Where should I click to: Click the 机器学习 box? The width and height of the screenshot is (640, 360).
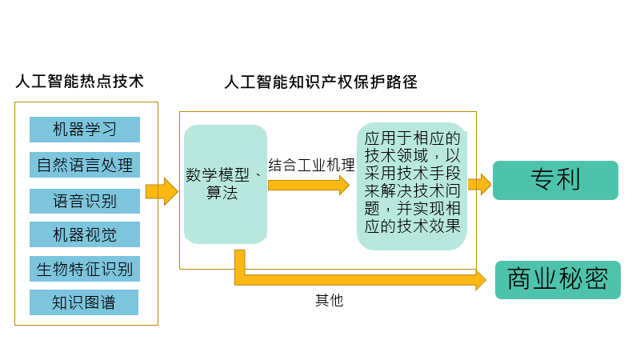(85, 130)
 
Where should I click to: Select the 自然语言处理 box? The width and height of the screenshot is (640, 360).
(85, 165)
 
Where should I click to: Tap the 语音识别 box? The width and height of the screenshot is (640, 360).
(85, 200)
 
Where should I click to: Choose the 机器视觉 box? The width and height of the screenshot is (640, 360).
(85, 234)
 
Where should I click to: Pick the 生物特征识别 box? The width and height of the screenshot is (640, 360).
(85, 269)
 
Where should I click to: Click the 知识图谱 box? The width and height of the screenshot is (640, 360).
(85, 302)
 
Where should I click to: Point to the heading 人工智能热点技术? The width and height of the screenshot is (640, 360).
(79, 82)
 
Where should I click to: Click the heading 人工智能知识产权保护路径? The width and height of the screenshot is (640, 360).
(321, 82)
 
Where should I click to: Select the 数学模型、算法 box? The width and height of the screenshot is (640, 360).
(225, 184)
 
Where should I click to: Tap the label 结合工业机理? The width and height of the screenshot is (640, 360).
(312, 166)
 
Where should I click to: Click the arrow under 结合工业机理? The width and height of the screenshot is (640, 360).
(309, 185)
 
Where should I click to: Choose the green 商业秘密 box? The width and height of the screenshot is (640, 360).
(558, 279)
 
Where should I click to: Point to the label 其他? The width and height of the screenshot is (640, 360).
(329, 301)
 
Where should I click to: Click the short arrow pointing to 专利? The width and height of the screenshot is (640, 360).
(479, 184)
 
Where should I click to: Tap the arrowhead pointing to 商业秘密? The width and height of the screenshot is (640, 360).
(480, 279)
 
